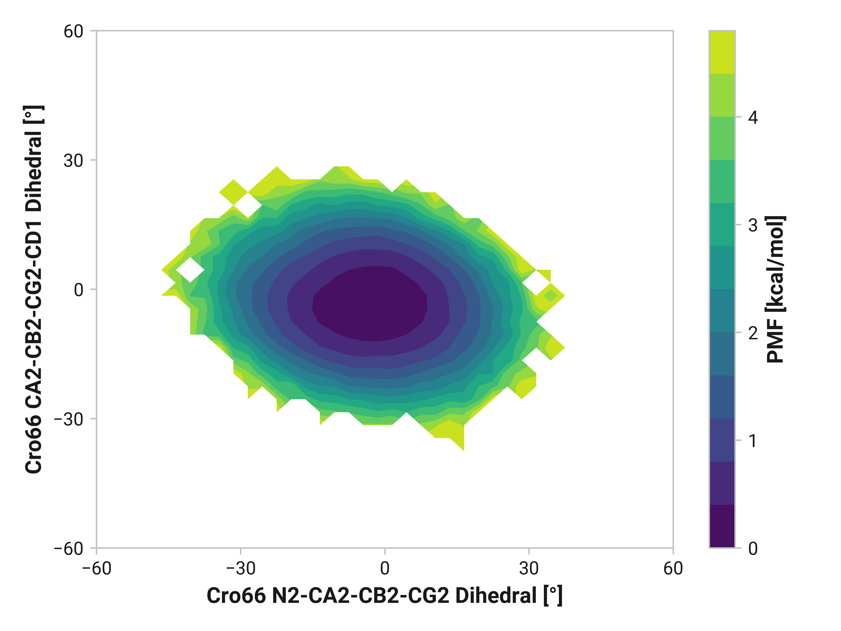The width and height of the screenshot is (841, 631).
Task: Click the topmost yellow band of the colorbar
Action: [722, 52]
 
